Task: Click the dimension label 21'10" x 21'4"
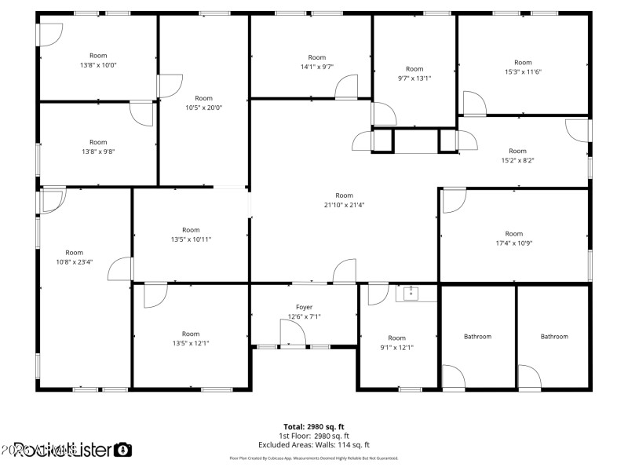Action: point(344,205)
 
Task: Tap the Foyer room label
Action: point(304,307)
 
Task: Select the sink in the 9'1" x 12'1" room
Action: point(411,294)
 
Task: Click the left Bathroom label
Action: point(477,337)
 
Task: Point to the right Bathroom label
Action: point(554,337)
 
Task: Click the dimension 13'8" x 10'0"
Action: point(98,65)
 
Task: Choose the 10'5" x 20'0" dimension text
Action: point(203,108)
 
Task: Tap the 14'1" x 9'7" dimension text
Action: point(316,67)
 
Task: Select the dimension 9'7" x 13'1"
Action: point(414,78)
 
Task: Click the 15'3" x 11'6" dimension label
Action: point(523,71)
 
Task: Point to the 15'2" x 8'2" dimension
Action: point(517,160)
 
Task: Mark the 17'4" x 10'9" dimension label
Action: point(513,243)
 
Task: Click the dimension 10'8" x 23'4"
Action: point(75,262)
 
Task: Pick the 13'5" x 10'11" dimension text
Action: point(191,239)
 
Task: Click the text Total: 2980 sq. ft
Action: point(313,426)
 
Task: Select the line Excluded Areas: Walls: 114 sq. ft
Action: point(313,444)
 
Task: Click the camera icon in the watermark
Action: point(123,450)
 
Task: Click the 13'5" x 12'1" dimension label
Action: point(191,343)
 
